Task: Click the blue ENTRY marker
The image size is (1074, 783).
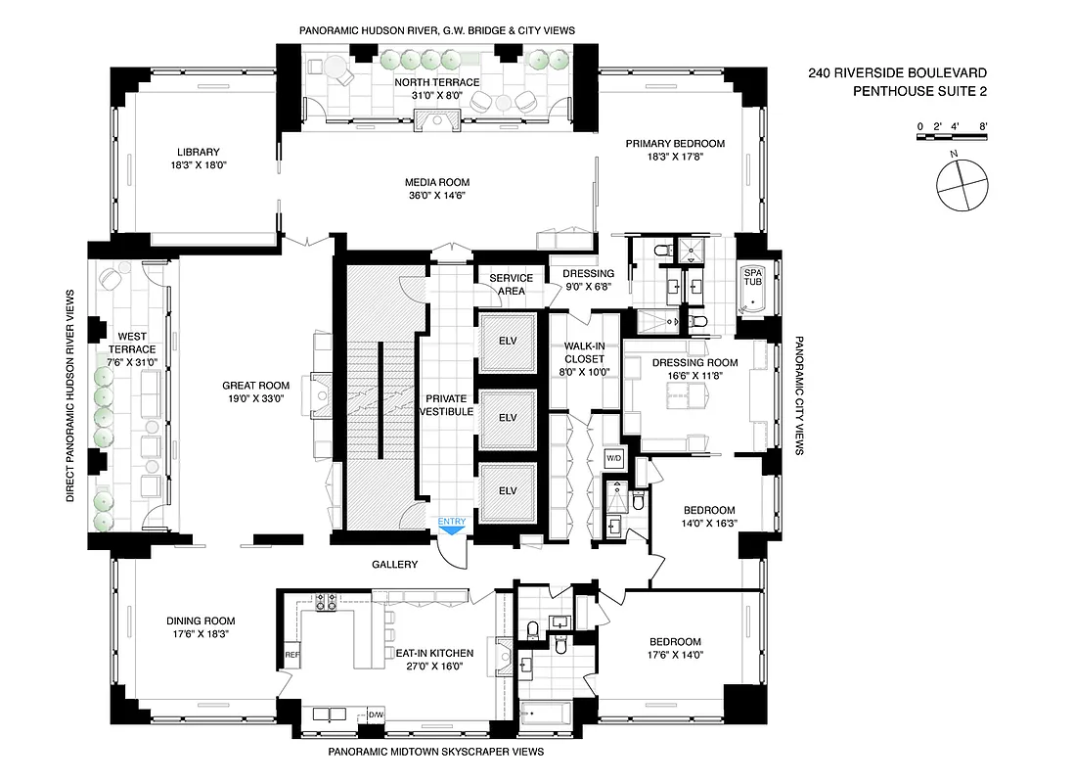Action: (452, 524)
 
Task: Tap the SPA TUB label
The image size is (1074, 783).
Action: (752, 277)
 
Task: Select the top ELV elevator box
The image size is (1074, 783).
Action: (506, 340)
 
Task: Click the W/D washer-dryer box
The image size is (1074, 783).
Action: (614, 458)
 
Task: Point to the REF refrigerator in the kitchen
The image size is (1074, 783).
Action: (291, 654)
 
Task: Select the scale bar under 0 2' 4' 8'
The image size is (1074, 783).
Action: (953, 137)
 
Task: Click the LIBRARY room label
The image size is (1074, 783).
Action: (199, 152)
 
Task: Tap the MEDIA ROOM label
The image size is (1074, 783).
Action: (437, 182)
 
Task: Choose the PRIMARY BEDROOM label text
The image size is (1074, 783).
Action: (675, 144)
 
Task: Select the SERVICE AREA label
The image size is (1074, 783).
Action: (512, 285)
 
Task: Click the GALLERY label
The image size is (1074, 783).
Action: (394, 565)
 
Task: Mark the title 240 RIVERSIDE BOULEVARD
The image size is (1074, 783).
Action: (897, 73)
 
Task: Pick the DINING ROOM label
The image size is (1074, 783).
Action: (201, 621)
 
